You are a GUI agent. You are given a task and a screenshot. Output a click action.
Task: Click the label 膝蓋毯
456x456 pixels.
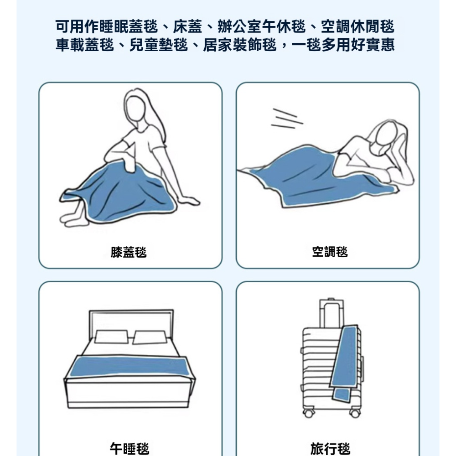129,252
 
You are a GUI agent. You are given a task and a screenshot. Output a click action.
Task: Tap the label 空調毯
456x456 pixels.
330,252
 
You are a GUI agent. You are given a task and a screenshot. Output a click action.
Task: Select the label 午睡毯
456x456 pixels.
130,449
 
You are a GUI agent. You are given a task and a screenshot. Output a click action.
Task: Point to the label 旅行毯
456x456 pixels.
330,449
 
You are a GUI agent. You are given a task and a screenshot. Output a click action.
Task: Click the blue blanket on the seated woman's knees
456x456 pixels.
119,192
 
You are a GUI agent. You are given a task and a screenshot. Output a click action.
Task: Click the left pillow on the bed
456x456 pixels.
111,337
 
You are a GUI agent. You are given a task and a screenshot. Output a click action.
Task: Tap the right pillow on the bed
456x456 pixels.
150,337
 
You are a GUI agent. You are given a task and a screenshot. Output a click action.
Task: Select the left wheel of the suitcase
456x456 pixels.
309,413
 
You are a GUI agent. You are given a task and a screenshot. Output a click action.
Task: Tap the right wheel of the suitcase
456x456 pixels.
355,413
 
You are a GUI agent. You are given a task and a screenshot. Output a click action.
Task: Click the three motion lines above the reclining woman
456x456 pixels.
287,119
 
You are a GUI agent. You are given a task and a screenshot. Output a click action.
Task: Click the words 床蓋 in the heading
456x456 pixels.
187,27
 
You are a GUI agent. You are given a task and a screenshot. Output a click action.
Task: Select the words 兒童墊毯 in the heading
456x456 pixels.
159,45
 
